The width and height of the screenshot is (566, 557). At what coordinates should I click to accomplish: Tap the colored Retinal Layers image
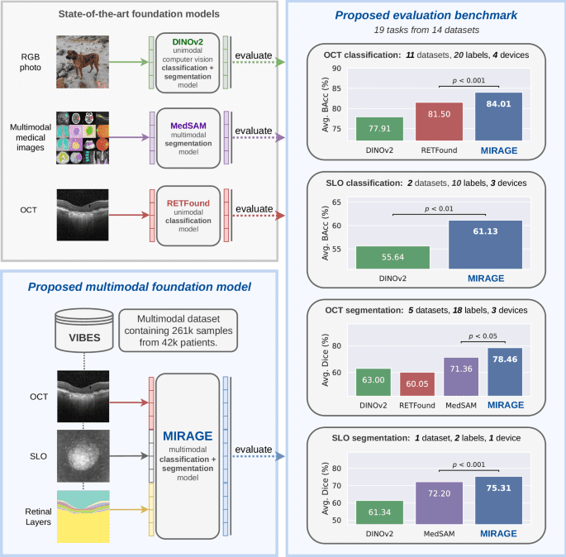point(83,514)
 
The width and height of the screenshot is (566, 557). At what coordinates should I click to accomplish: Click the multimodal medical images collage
point(83,135)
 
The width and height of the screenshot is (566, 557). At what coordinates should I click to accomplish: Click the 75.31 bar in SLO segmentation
point(499,499)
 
